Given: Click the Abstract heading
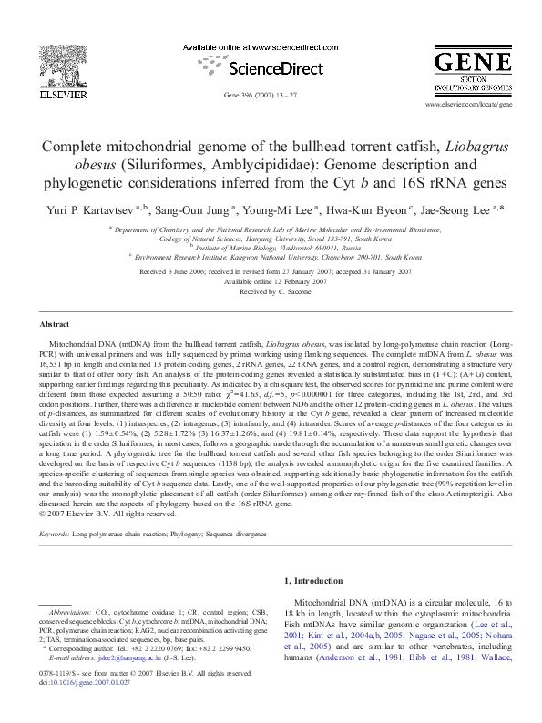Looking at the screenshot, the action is point(56,324).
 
